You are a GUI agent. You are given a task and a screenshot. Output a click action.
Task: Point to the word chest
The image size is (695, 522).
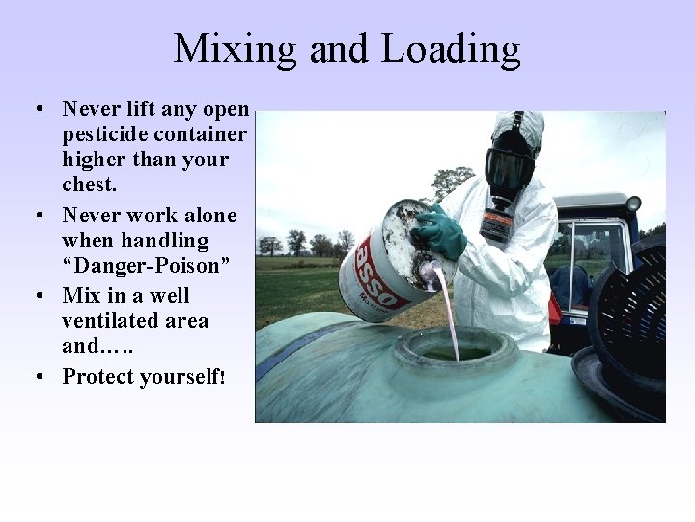click(90, 185)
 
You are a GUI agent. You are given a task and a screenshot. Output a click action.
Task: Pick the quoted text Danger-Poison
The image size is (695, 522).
click(146, 265)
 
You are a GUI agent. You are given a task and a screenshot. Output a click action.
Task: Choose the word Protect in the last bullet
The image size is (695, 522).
click(101, 376)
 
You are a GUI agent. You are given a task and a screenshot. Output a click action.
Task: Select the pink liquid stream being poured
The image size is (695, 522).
click(447, 308)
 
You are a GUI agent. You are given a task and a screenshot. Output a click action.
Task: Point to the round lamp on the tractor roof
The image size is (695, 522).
click(633, 203)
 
